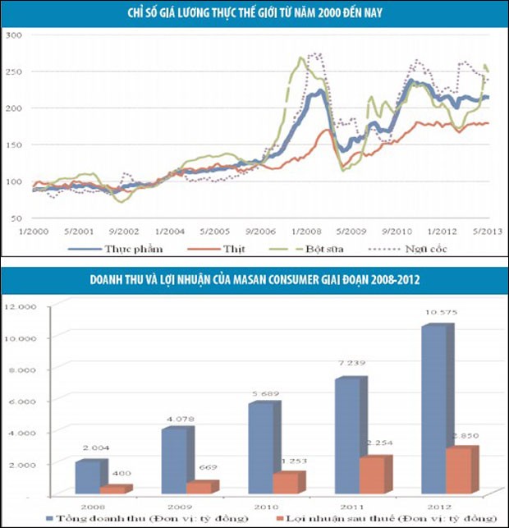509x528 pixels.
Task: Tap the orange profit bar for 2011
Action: (x=372, y=475)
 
